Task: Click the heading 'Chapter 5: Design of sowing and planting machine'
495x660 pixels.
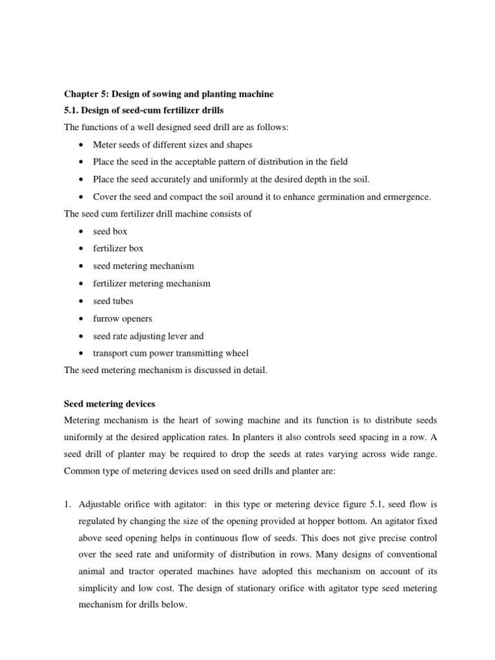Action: (x=168, y=94)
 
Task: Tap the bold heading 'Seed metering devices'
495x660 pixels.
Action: (x=110, y=403)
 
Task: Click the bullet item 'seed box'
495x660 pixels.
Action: (x=110, y=231)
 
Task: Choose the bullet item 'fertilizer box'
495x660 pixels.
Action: (x=118, y=249)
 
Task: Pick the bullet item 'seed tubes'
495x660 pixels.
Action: (x=113, y=301)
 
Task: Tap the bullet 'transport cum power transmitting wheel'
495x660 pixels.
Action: (x=170, y=353)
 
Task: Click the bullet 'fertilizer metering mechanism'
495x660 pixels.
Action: (x=151, y=284)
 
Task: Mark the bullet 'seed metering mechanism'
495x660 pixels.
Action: (x=143, y=266)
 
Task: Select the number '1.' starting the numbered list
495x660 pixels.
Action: (x=68, y=503)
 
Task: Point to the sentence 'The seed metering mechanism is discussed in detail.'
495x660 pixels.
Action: (x=164, y=370)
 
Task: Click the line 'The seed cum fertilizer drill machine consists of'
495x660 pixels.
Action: (x=158, y=214)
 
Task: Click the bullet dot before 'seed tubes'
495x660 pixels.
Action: (x=79, y=302)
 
